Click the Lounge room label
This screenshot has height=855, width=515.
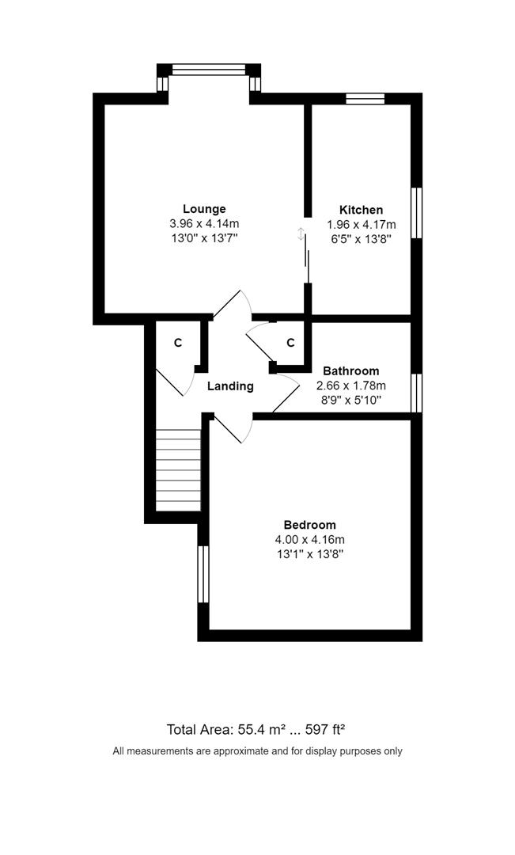coord(204,209)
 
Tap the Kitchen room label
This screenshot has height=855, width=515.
coord(361,210)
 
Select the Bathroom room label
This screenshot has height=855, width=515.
coord(350,370)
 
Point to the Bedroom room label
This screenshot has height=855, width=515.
coord(309,525)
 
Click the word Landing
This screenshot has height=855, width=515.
coord(230,386)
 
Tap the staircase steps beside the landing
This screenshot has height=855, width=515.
coord(178,470)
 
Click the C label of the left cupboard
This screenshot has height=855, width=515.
coord(178,343)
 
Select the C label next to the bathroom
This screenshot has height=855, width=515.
coord(290,343)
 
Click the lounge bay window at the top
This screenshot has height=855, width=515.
coord(209,70)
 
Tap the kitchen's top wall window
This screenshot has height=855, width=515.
coord(365,98)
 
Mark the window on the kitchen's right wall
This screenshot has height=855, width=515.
coord(417,212)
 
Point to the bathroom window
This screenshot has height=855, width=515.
coord(417,392)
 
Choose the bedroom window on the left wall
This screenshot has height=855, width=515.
coord(203,574)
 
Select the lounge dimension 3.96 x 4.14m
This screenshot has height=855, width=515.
coord(204,223)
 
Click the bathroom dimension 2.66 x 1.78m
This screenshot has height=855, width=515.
coord(350,386)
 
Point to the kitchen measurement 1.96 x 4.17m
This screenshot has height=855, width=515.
coord(362,224)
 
